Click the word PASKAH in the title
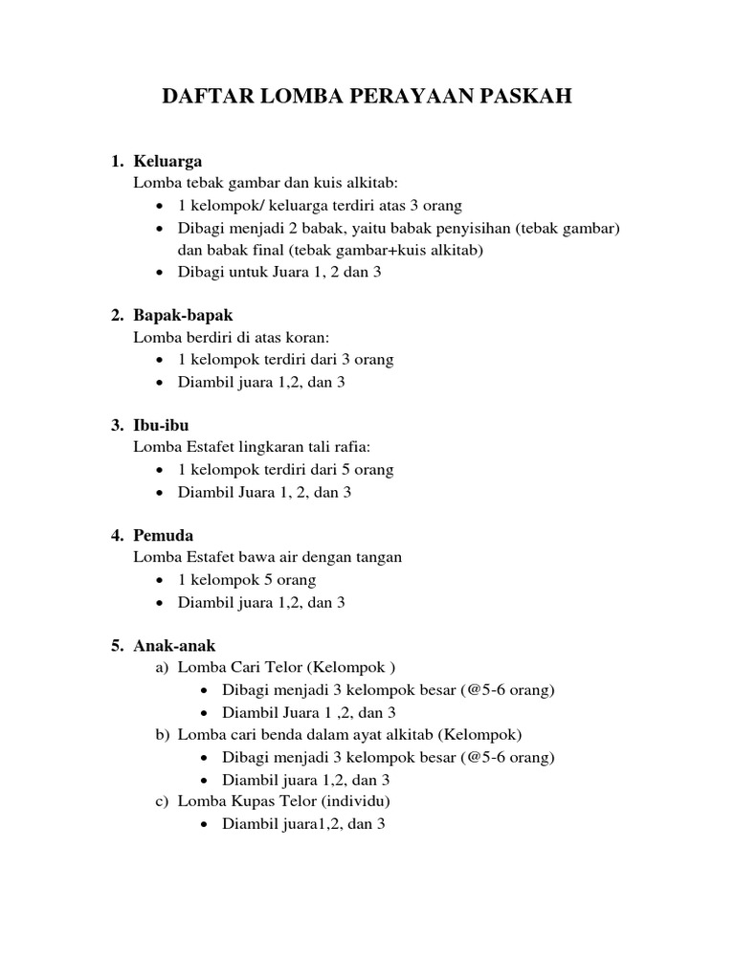523,98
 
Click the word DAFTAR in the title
204,98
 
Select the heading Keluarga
168,161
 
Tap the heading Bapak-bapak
184,315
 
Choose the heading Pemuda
164,535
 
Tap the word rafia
349,448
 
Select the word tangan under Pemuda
378,557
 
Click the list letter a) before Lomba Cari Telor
162,669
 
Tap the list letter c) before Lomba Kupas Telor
162,801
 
